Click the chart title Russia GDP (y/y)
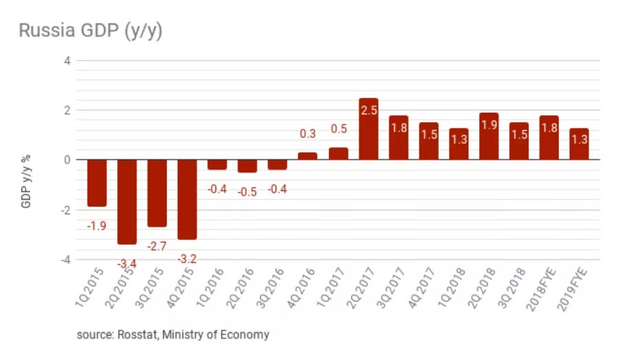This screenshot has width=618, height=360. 90,31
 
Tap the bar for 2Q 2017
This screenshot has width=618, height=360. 368,129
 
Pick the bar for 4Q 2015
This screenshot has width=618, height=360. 187,199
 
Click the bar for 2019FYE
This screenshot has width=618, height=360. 579,144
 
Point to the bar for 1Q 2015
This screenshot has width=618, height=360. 97,183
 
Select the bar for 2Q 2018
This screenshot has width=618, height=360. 488,136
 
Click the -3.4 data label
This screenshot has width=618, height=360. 127,263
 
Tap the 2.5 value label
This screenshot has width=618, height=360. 368,110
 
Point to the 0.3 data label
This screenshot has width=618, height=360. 308,134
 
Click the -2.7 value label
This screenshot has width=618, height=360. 157,246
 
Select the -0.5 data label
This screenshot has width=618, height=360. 247,192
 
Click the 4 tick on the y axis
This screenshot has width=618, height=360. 67,60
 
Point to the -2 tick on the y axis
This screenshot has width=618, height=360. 65,210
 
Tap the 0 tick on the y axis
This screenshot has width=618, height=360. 67,160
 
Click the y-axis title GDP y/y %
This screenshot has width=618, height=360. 27,179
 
